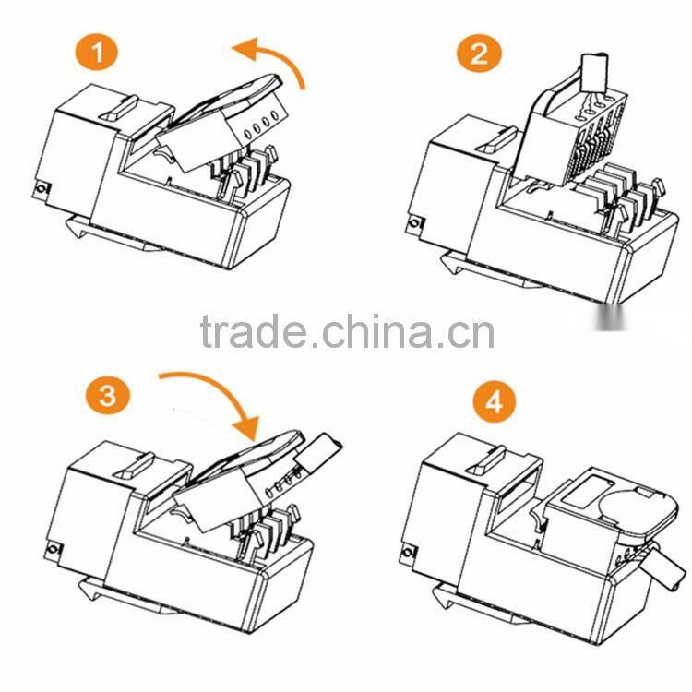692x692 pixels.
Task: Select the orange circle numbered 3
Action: click(108, 397)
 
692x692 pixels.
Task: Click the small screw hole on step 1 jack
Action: click(42, 189)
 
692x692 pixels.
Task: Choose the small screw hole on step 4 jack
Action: click(407, 555)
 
